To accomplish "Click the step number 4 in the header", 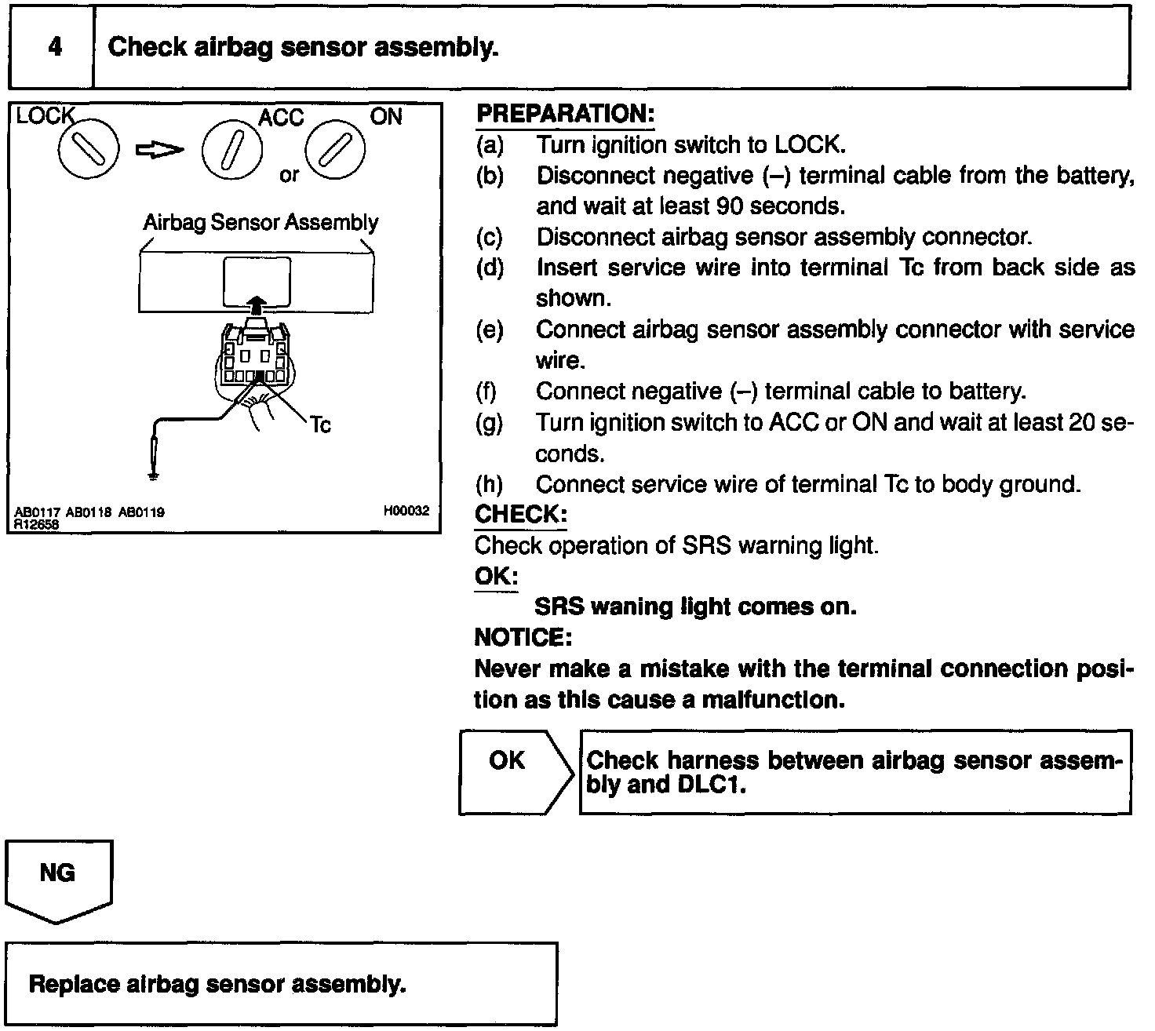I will pyautogui.click(x=54, y=47).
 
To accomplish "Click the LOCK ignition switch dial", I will pyautogui.click(x=88, y=149).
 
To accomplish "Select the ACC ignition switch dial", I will pyautogui.click(x=232, y=149).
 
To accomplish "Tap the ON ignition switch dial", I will pyautogui.click(x=336, y=148).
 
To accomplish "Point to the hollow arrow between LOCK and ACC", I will pyautogui.click(x=160, y=149).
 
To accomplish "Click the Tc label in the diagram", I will pyautogui.click(x=320, y=425).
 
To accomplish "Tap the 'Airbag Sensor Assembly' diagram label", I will pyautogui.click(x=261, y=223).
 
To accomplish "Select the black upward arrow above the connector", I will pyautogui.click(x=254, y=306).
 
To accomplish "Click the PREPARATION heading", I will pyautogui.click(x=565, y=114).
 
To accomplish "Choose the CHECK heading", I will pyautogui.click(x=520, y=515).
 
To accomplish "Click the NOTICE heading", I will pyautogui.click(x=523, y=637).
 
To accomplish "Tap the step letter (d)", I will pyautogui.click(x=490, y=268).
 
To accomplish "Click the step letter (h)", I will pyautogui.click(x=490, y=484).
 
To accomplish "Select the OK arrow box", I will pyautogui.click(x=514, y=772).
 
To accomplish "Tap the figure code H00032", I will pyautogui.click(x=406, y=511).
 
